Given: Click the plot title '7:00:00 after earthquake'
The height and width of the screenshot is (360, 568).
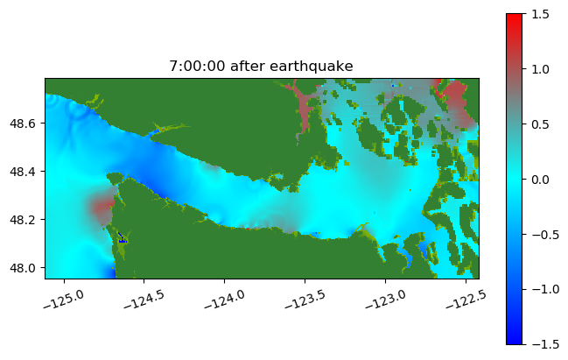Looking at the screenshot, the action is point(261,67).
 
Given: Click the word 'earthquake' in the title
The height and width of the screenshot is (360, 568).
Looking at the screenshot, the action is point(312,67).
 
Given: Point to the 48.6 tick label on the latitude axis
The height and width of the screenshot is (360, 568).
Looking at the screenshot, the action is point(23,124).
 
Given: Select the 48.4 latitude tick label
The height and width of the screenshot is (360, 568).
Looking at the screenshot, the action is point(23,172).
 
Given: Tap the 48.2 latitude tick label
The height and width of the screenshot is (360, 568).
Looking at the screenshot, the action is point(23,220).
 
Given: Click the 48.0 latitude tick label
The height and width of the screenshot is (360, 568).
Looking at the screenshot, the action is point(23,268).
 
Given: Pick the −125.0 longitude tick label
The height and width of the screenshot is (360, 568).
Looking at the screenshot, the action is point(64,299).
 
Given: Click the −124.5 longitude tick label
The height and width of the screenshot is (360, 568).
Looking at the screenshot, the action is point(144,299).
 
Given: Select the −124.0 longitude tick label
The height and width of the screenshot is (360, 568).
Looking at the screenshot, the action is point(225,299).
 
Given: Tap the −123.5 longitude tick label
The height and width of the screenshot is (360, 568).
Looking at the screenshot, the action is point(305,299).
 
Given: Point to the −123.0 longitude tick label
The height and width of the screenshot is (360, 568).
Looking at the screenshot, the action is point(386,299).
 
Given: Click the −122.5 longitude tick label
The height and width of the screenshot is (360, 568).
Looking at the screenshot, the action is point(466,299).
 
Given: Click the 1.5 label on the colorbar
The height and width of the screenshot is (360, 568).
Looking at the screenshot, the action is point(540,15).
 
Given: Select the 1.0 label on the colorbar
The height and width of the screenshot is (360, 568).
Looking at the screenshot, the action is point(540,69).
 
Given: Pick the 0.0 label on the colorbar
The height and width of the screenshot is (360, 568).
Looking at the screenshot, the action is point(540,180).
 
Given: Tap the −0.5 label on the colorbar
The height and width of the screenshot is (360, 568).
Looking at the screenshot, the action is point(545,235).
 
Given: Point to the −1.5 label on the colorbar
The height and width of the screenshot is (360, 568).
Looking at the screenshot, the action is point(545,345).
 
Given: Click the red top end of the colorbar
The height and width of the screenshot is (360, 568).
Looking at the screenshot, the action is point(515,18).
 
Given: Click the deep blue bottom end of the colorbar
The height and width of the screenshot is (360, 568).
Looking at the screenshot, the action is point(515,341).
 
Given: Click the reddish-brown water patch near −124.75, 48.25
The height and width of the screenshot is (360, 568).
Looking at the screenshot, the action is point(103,208).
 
